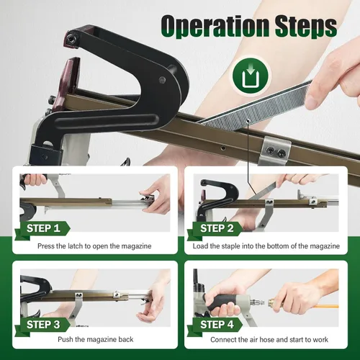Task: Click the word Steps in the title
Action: click(x=307, y=26)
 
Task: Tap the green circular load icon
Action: click(x=251, y=76)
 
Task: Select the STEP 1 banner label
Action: click(x=43, y=228)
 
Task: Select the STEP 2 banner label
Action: click(x=217, y=228)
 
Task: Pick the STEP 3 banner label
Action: click(x=43, y=325)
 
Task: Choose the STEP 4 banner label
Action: click(x=217, y=325)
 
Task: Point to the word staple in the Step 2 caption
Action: click(x=230, y=246)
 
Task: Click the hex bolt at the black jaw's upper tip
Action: click(x=71, y=38)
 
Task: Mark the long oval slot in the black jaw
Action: click(x=107, y=122)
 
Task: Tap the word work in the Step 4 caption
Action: click(x=320, y=340)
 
